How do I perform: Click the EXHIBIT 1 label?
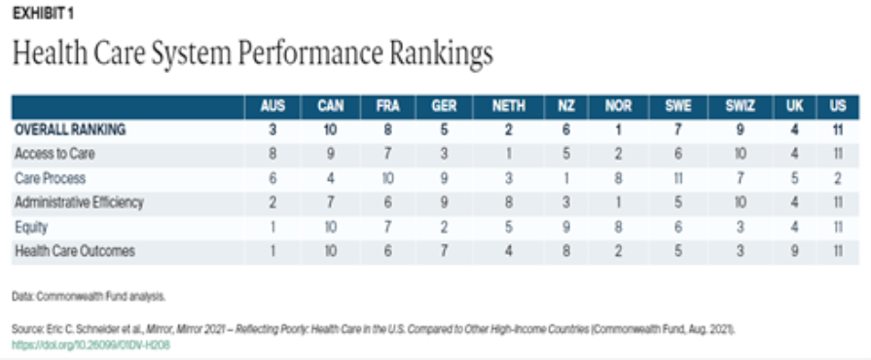tap(43, 14)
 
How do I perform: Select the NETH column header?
tap(508, 107)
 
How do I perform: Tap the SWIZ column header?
tap(740, 107)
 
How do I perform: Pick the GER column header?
tap(444, 107)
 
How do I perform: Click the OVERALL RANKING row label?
tap(70, 130)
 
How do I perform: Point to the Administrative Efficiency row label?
tap(79, 202)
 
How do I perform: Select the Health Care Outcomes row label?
tap(75, 251)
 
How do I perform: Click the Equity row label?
tap(31, 228)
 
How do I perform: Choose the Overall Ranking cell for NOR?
tap(618, 130)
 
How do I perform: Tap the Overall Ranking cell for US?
tap(838, 130)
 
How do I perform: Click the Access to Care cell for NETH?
tap(508, 154)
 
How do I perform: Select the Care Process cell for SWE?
tap(677, 178)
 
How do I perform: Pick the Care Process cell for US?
tap(838, 178)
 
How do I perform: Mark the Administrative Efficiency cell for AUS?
tap(272, 202)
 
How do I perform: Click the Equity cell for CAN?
tap(331, 228)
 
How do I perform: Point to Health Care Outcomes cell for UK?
tap(794, 251)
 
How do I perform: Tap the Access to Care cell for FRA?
tap(387, 154)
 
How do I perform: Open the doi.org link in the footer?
tap(91, 345)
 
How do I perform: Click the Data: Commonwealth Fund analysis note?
tap(89, 297)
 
